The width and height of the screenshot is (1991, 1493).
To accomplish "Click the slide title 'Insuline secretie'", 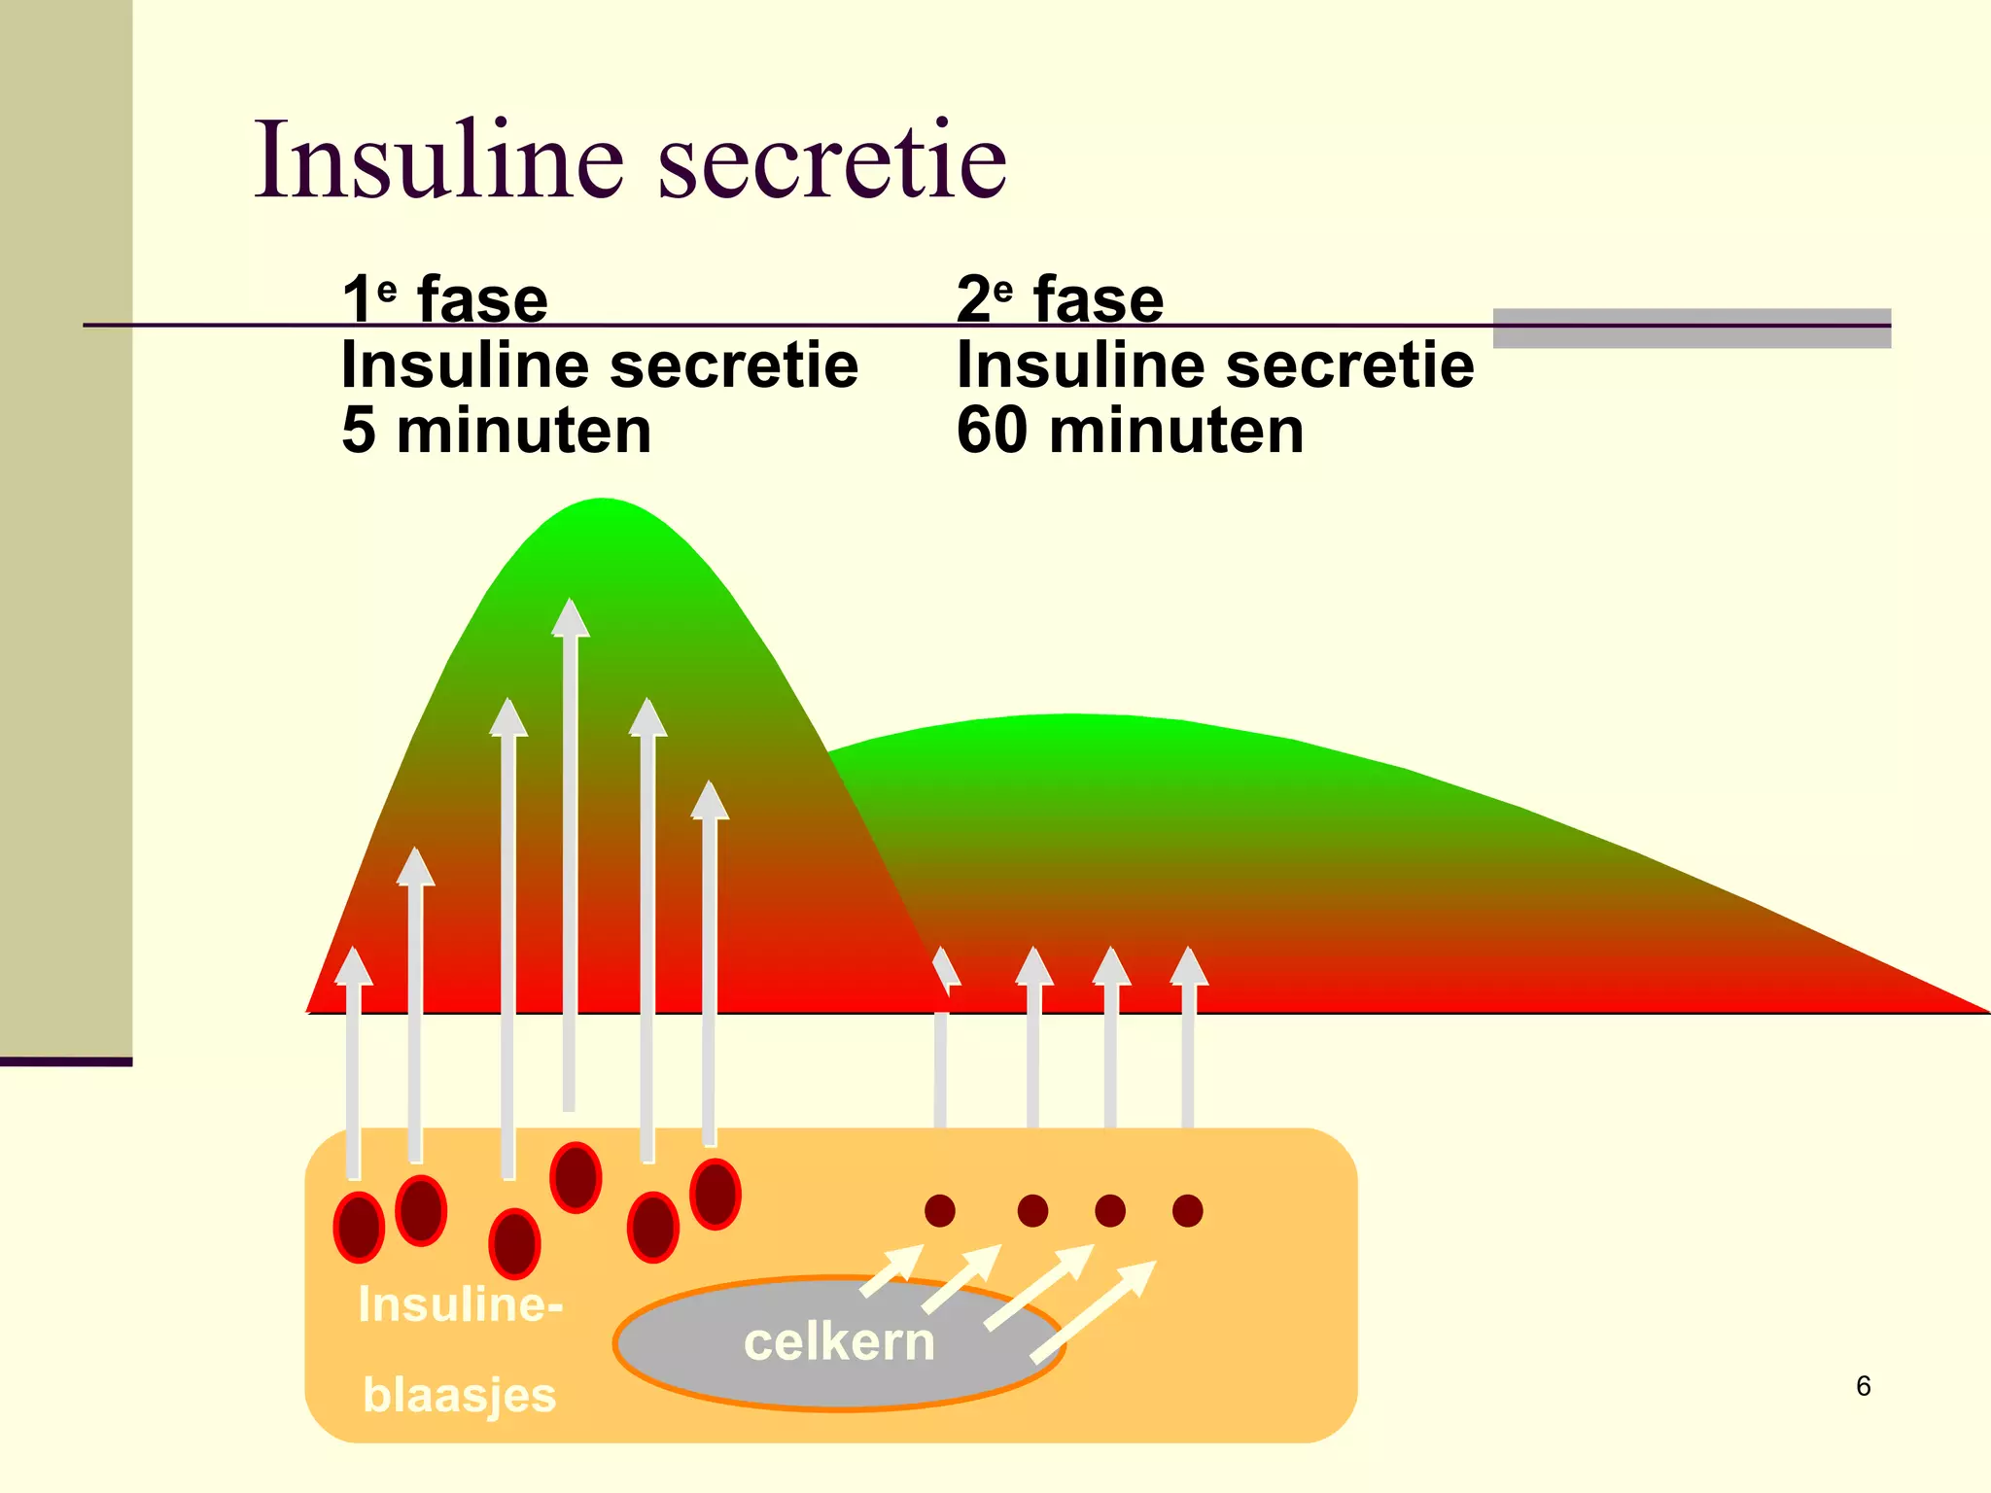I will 630,159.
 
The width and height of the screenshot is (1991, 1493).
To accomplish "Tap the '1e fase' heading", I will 445,298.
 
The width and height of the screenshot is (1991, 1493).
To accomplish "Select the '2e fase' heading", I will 1060,298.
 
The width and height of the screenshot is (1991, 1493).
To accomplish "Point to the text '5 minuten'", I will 496,430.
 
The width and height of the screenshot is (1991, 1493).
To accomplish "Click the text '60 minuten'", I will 1130,430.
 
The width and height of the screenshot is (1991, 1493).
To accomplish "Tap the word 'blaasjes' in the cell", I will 459,1395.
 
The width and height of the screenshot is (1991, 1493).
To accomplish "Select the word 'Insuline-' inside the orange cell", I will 460,1303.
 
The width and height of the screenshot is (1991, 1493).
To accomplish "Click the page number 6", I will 1863,1385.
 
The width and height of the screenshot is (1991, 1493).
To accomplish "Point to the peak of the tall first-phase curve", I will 603,502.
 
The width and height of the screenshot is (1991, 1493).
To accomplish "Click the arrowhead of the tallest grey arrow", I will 570,618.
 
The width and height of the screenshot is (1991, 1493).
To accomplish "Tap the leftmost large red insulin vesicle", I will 359,1227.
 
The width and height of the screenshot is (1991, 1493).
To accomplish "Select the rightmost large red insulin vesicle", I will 716,1194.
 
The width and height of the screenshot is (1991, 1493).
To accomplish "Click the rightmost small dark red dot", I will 1188,1210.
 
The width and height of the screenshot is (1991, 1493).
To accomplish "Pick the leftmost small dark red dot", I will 940,1210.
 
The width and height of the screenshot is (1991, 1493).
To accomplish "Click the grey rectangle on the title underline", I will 1692,329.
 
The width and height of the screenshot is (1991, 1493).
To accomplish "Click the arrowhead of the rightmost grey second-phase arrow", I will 1189,966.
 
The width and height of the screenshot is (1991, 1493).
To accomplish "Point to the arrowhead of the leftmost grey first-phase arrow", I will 354,966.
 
